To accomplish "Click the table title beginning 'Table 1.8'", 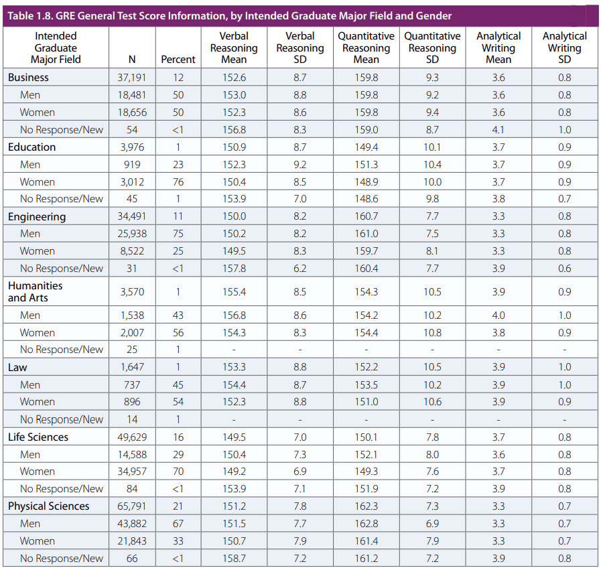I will (230, 15).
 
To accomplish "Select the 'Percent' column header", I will (178, 60).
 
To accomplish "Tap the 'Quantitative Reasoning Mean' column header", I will (366, 48).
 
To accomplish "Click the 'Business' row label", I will (28, 78).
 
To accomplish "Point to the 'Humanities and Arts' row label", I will (35, 291).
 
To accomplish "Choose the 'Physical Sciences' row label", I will (48, 506).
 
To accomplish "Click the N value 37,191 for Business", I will (132, 78).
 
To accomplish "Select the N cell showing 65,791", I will (132, 506).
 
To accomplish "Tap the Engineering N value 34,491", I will (132, 216).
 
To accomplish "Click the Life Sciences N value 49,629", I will (132, 437).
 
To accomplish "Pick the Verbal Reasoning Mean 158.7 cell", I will (234, 559).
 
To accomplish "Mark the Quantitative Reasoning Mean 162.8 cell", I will (366, 524).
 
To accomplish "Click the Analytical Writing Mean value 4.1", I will (498, 130).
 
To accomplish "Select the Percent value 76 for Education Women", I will (178, 182).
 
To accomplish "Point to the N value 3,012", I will (132, 182).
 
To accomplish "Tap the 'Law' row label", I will (17, 368).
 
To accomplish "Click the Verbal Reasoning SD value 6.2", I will (299, 269).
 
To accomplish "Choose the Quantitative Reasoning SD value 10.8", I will (432, 333).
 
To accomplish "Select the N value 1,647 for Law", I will (132, 368).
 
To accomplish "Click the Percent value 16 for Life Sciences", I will (178, 437).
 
